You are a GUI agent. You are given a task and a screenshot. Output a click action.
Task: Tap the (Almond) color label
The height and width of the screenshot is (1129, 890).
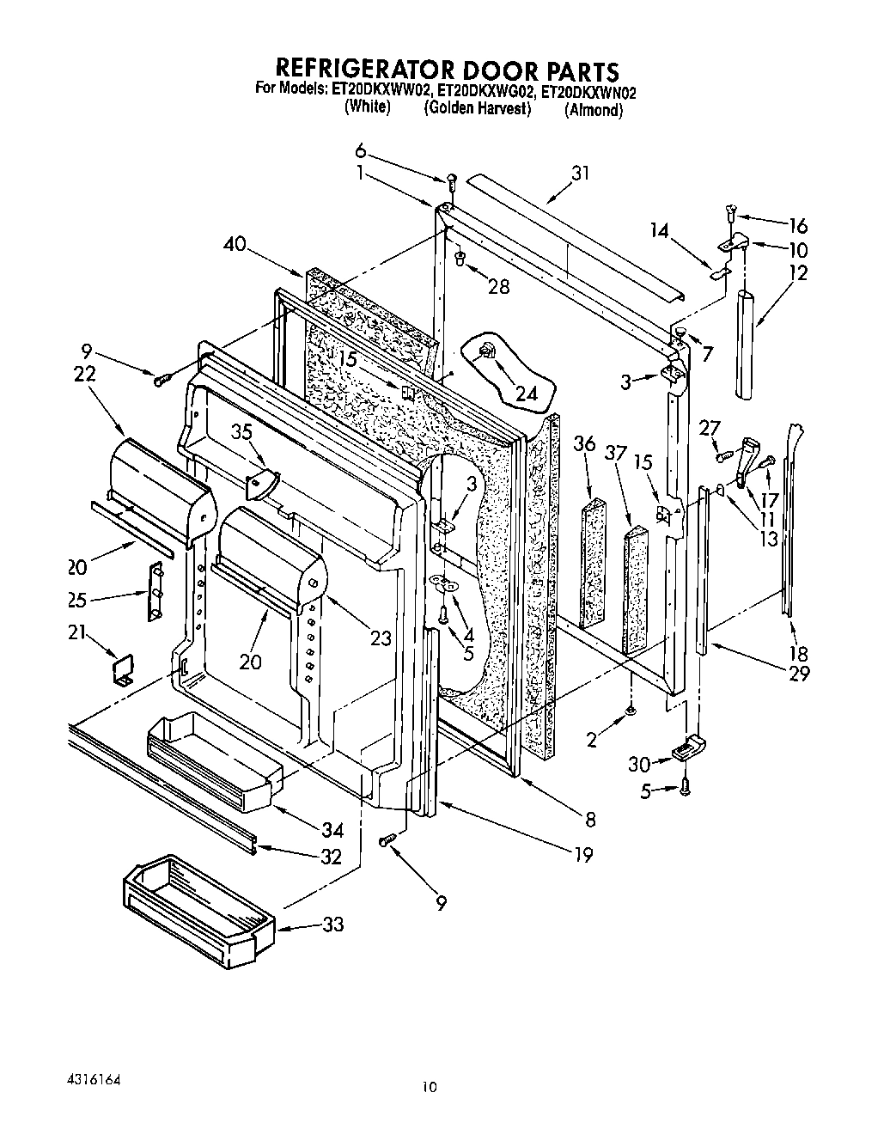point(593,111)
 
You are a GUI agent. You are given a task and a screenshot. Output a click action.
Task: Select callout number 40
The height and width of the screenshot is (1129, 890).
point(234,245)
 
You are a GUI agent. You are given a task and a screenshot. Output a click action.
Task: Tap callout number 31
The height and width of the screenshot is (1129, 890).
point(582,173)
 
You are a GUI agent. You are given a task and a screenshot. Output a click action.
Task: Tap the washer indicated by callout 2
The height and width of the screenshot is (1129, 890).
point(631,710)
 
